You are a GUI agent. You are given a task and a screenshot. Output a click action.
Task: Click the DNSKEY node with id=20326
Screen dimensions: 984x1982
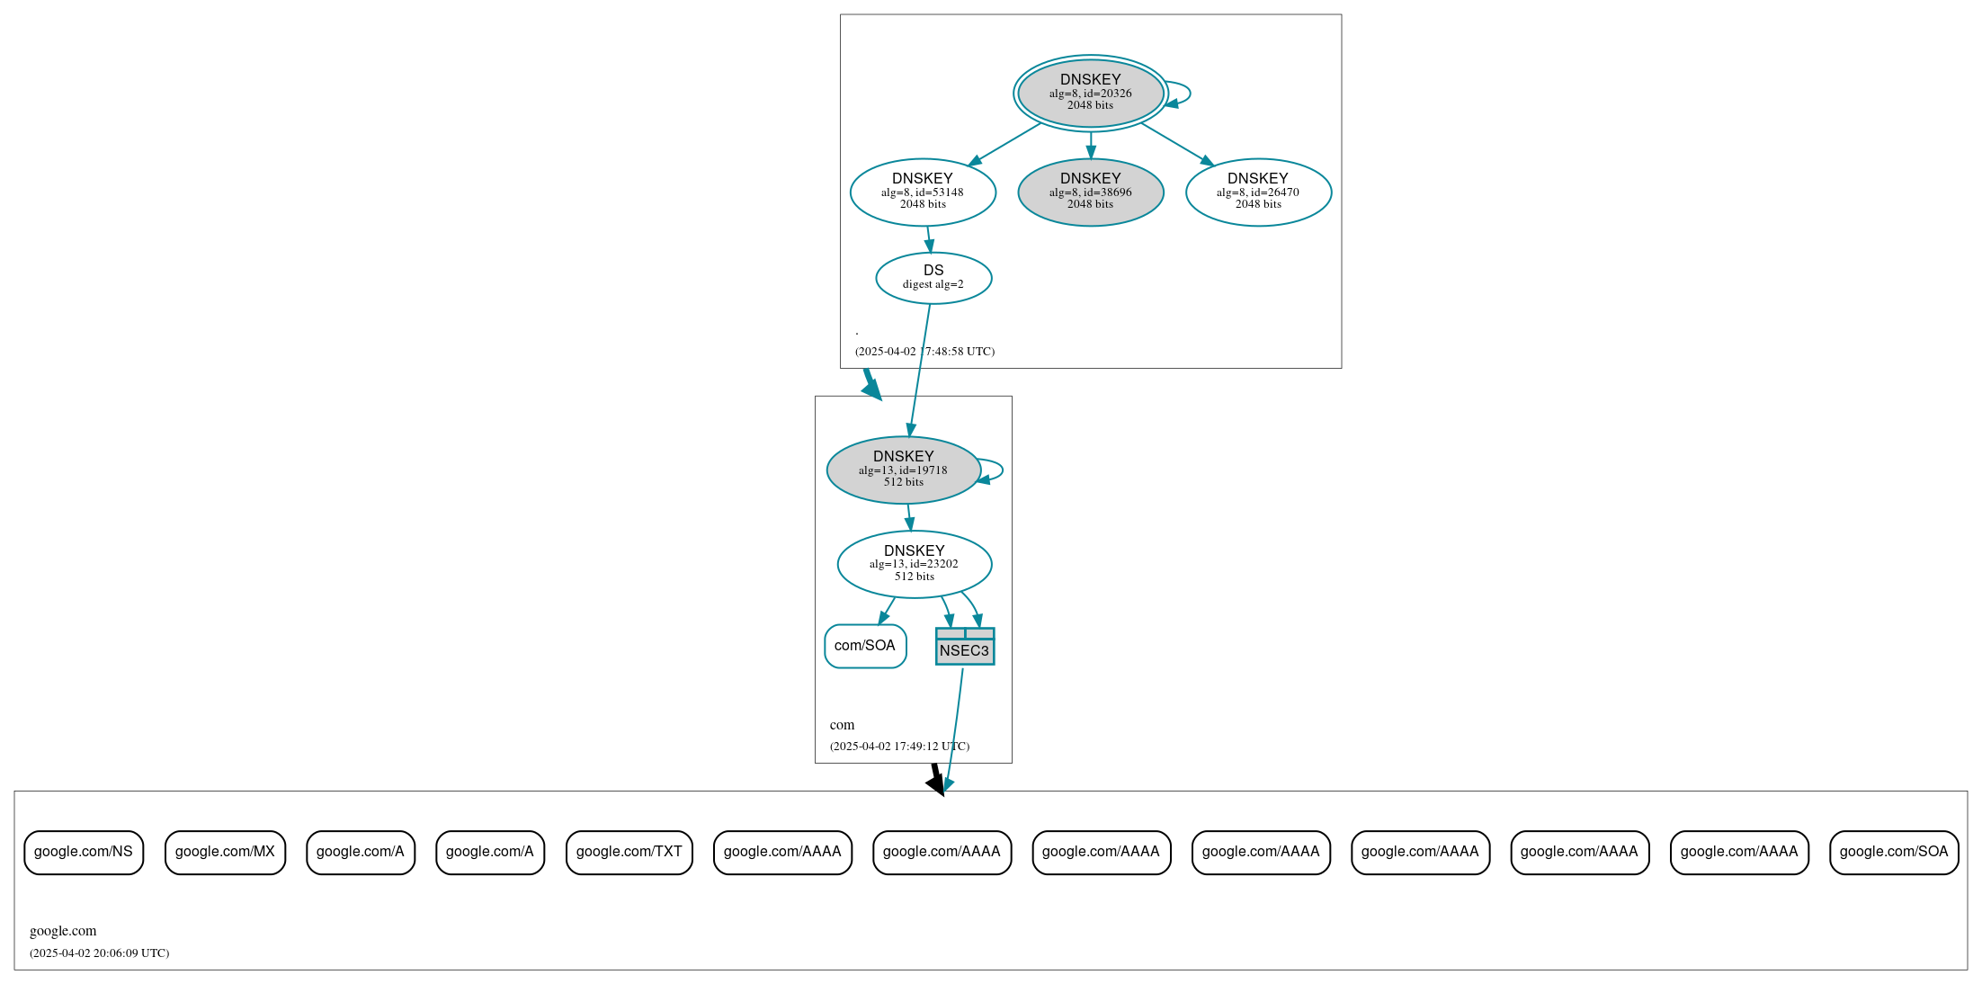point(1090,93)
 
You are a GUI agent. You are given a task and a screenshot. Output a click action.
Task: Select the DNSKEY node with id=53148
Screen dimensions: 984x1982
point(923,192)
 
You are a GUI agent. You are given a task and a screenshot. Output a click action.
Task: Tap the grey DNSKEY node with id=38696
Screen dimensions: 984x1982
point(1090,192)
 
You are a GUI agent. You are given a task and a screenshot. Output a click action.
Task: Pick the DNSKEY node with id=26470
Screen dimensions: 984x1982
point(1258,192)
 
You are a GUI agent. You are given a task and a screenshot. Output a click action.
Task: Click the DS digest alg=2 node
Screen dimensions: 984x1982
point(933,277)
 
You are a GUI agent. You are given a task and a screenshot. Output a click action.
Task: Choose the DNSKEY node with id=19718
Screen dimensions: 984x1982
point(903,470)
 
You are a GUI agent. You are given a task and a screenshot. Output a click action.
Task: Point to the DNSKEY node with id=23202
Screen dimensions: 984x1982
point(914,564)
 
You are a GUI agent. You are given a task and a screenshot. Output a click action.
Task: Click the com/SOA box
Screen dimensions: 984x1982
point(865,646)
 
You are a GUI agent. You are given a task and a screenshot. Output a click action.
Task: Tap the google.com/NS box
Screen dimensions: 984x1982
point(84,852)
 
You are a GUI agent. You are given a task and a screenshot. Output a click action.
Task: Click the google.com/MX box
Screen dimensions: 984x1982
point(225,852)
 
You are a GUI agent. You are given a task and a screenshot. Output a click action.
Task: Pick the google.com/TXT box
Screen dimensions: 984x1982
point(629,852)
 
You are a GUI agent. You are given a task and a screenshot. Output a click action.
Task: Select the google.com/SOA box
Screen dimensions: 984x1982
point(1893,852)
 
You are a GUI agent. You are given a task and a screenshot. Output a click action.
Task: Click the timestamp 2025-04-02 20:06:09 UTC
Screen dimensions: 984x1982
point(99,953)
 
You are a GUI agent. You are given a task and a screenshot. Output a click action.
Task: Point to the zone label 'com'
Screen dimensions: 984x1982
point(842,725)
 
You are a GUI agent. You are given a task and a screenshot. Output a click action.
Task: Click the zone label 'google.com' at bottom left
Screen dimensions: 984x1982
point(63,931)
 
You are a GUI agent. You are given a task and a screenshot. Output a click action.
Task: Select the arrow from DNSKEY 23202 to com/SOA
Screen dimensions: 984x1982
point(887,611)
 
